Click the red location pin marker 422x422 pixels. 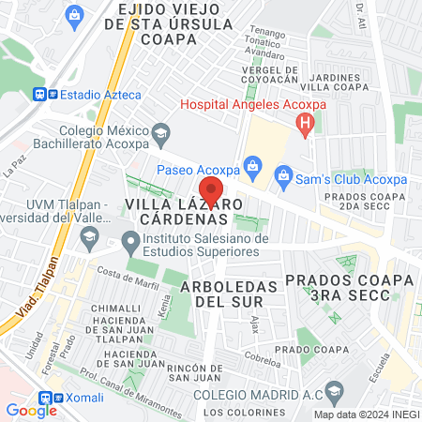(211, 191)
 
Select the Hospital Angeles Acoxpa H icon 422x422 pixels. (304, 122)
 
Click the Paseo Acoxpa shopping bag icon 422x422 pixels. (252, 167)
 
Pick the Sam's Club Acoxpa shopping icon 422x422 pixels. (283, 175)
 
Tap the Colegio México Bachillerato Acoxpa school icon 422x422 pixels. (161, 131)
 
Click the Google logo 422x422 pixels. (32, 410)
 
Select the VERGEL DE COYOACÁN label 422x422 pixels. (269, 77)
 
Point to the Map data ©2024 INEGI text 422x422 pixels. (366, 414)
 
